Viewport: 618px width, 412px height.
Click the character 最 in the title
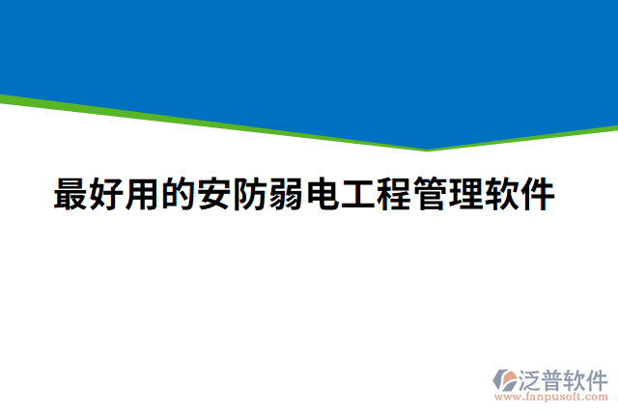70,195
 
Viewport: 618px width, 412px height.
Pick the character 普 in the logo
556,377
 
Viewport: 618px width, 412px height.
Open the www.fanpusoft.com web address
550,397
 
